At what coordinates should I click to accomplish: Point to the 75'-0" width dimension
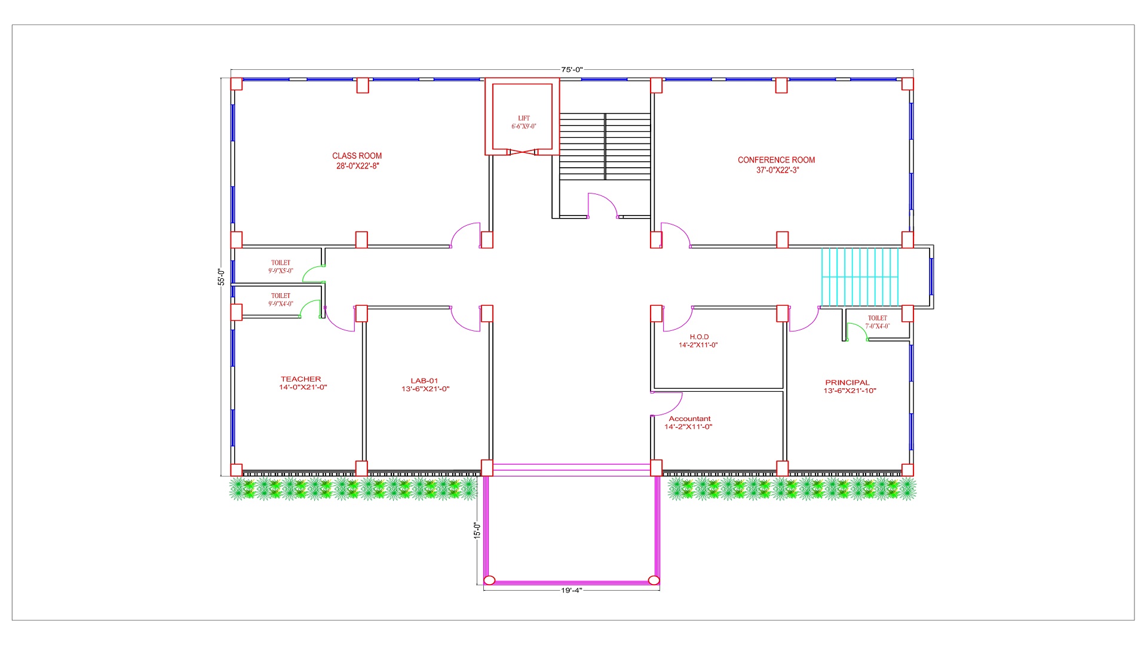(572, 69)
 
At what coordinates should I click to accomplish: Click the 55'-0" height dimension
(221, 277)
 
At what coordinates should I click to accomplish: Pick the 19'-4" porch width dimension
(572, 590)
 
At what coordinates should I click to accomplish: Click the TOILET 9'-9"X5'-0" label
(281, 266)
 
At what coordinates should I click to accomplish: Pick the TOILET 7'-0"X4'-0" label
(878, 322)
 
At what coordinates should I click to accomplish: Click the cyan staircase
(860, 277)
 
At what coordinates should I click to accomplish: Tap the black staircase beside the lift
(605, 146)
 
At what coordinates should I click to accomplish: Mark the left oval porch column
(489, 580)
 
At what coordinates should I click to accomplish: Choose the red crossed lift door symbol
(523, 152)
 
